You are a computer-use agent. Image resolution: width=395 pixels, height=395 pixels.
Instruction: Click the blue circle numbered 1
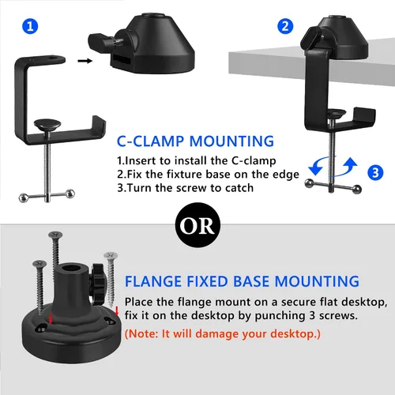coord(30,26)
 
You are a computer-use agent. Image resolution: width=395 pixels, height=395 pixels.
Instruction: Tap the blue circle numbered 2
coord(285,26)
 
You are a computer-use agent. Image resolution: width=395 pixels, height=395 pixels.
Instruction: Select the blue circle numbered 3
coord(375,172)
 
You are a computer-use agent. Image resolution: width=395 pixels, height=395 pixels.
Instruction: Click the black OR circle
coord(197,225)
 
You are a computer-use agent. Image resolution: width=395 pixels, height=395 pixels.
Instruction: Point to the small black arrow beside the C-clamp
coord(85,61)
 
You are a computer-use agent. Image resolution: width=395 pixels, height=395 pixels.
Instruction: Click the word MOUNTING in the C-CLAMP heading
coord(231,141)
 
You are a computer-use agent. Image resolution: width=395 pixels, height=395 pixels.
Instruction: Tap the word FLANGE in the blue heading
coord(153,281)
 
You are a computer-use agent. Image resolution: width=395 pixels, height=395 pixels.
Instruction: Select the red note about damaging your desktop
coord(223,333)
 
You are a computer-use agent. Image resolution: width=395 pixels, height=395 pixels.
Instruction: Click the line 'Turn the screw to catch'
coord(186,188)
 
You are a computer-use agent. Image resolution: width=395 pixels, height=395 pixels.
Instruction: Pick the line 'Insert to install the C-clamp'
coord(197,160)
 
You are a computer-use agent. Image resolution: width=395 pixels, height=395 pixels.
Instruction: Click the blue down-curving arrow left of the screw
coord(318,166)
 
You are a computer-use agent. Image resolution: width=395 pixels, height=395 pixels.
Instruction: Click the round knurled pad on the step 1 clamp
coord(47,124)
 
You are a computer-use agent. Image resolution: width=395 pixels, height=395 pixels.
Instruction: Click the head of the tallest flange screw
coord(55,235)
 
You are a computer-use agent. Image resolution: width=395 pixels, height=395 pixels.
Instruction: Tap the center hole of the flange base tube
coord(70,269)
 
